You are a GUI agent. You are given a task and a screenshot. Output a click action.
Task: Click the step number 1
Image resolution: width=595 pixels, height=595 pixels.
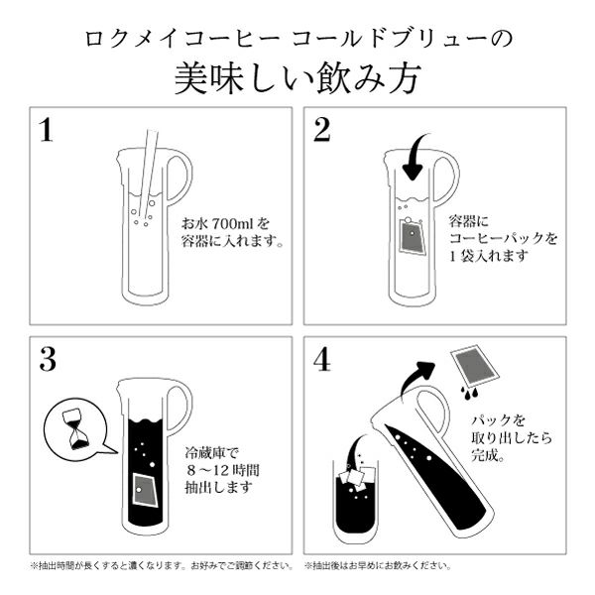click(47, 130)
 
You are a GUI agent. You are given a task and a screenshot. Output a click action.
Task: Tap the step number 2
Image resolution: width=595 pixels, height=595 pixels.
click(321, 130)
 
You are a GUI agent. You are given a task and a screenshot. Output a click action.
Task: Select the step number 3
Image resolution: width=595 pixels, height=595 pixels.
click(48, 359)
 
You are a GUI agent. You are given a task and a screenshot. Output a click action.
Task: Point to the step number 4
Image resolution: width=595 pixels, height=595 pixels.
click(321, 359)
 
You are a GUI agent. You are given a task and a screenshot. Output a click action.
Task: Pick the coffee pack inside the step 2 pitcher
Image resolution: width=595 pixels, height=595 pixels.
click(411, 237)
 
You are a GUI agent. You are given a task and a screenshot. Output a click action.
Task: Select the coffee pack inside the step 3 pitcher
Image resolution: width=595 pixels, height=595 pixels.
click(146, 490)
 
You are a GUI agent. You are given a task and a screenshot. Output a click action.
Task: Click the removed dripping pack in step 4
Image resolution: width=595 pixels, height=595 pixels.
click(475, 365)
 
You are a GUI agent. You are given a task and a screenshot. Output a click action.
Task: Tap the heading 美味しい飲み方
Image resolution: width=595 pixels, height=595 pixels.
click(297, 78)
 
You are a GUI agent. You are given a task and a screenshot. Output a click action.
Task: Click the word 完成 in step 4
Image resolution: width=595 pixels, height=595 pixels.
click(484, 455)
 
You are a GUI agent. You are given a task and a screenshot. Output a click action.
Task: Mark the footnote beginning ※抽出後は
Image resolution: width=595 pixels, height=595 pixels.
click(378, 566)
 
